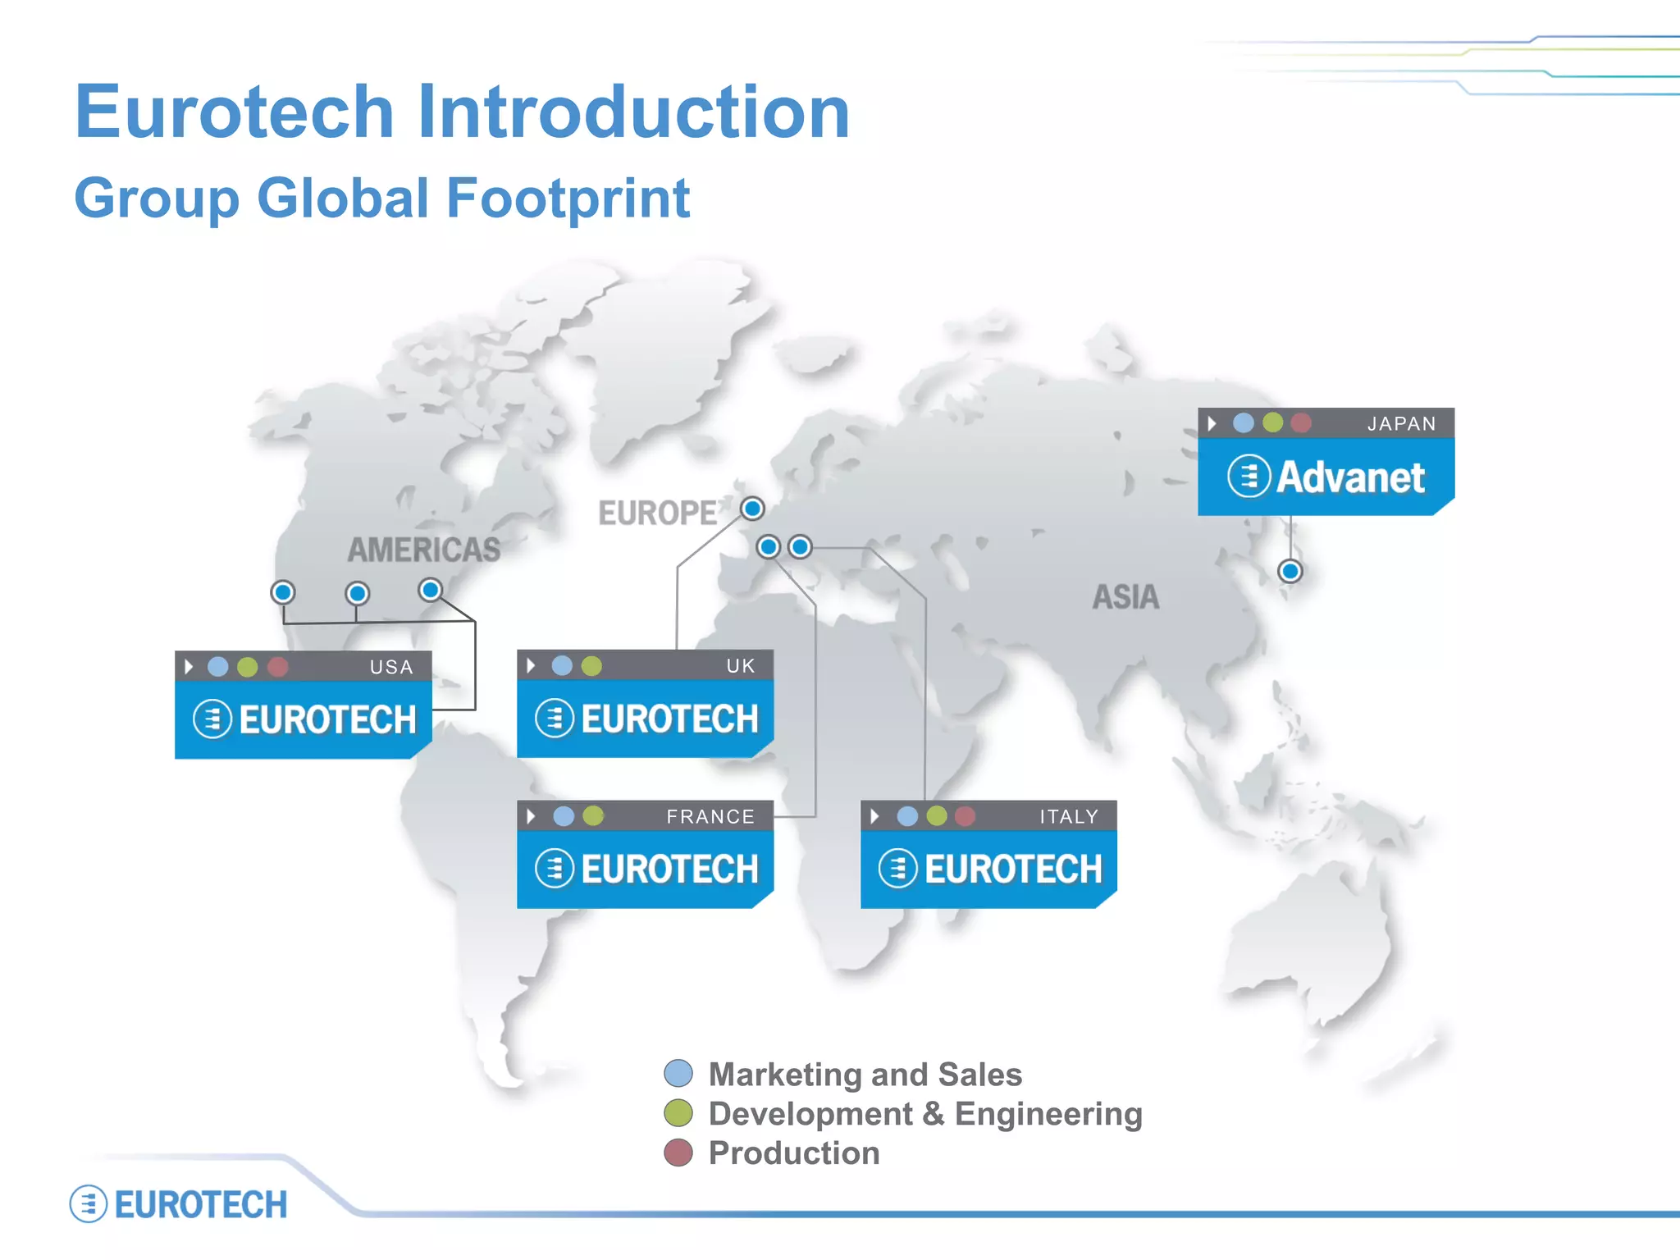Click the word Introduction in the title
(x=633, y=112)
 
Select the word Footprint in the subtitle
(x=568, y=198)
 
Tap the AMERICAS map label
(x=423, y=550)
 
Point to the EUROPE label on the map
(x=657, y=514)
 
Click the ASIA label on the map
(x=1125, y=597)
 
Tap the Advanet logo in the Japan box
(x=1326, y=477)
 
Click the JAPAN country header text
(x=1401, y=424)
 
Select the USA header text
(x=391, y=667)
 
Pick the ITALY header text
(x=1068, y=816)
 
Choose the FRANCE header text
(x=710, y=816)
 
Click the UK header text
(x=740, y=666)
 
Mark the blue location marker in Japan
(x=1290, y=571)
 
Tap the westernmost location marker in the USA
(x=283, y=592)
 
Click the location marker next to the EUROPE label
(x=752, y=509)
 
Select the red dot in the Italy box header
(x=966, y=816)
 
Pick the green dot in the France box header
(x=593, y=816)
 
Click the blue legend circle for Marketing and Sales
(x=678, y=1073)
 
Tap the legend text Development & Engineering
(x=924, y=1114)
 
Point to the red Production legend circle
(x=678, y=1153)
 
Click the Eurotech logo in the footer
(x=179, y=1204)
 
